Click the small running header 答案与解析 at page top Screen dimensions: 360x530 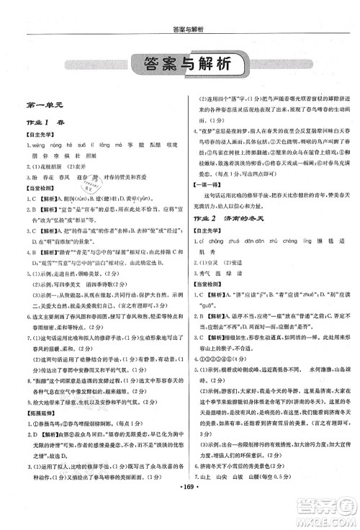point(179,9)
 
